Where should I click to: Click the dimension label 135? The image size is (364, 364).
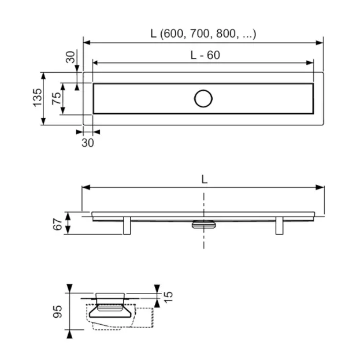[38, 98]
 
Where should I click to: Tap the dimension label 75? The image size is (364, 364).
[57, 98]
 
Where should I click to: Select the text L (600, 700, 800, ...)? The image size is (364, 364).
[203, 34]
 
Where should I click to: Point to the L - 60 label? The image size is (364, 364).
[205, 55]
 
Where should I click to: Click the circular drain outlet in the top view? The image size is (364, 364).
[203, 99]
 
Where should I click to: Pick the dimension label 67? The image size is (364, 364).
[58, 224]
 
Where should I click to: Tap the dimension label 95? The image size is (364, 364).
[58, 311]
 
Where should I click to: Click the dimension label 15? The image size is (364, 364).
[168, 297]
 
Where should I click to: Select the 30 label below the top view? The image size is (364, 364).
[88, 143]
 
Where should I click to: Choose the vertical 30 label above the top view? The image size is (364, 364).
[70, 57]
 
